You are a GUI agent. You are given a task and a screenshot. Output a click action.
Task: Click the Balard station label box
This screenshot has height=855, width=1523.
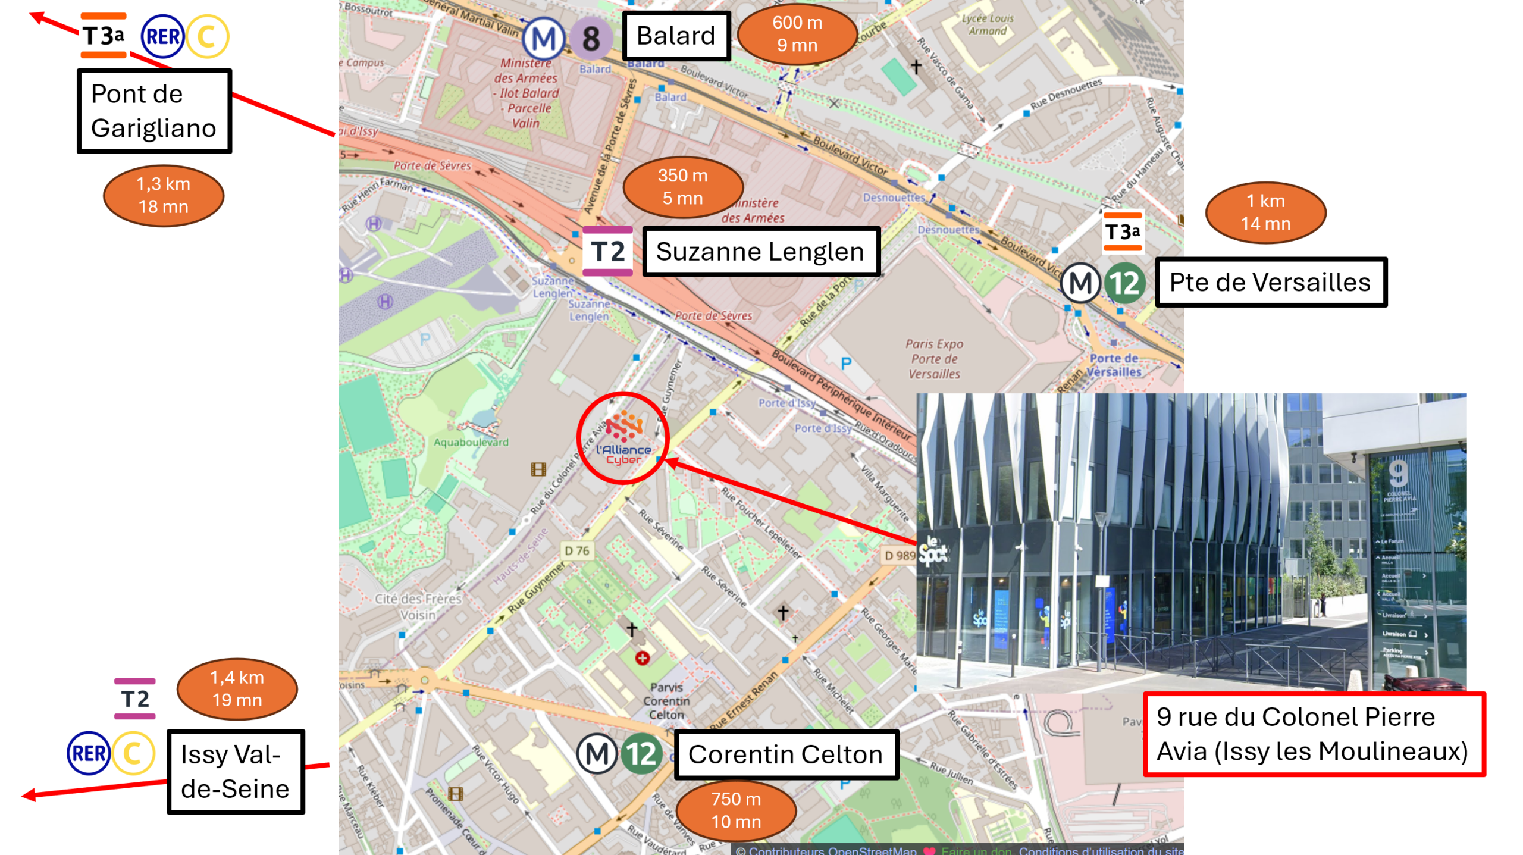tap(676, 36)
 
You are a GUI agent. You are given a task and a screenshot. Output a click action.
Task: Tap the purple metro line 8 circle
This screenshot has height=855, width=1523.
tap(591, 39)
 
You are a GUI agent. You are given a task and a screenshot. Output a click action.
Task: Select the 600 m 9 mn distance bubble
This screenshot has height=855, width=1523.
tap(797, 34)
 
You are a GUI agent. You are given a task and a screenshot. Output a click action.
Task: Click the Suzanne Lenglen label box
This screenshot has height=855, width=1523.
tap(760, 251)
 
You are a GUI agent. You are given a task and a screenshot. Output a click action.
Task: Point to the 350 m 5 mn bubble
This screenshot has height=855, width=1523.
tap(682, 187)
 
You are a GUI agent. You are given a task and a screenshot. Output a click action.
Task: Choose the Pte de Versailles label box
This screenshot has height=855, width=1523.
tap(1270, 282)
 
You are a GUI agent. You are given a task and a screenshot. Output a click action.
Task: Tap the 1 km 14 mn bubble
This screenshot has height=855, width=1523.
tap(1265, 212)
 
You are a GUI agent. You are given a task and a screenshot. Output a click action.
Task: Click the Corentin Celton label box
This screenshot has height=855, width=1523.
tap(785, 754)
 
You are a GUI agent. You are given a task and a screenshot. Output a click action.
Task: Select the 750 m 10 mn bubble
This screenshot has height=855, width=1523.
tap(736, 810)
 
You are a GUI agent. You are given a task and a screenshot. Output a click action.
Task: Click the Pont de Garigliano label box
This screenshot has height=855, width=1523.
tap(154, 111)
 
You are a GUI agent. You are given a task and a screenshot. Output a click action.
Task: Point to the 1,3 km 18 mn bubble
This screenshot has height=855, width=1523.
tap(163, 195)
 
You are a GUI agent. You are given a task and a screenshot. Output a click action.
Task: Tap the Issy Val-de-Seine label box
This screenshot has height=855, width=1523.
tap(236, 772)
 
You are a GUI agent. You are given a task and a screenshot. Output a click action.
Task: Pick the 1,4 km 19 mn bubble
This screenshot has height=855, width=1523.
tap(237, 688)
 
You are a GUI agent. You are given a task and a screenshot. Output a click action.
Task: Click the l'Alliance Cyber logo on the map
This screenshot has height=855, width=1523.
tap(623, 439)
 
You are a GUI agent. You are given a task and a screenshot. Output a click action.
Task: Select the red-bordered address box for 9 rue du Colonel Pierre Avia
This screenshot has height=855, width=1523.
tap(1313, 734)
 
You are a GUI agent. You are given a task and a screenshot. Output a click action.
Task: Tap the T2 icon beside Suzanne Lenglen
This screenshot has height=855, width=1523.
tap(607, 251)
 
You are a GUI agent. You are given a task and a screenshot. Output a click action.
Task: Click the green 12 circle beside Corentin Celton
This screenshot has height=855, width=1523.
tap(641, 754)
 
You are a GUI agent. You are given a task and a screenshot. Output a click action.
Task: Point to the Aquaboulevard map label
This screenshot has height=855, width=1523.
tap(471, 442)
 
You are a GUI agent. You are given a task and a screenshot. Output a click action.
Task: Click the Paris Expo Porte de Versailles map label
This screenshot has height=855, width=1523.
tap(934, 359)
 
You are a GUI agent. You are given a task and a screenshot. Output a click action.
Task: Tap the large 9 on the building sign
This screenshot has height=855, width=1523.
tap(1397, 473)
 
